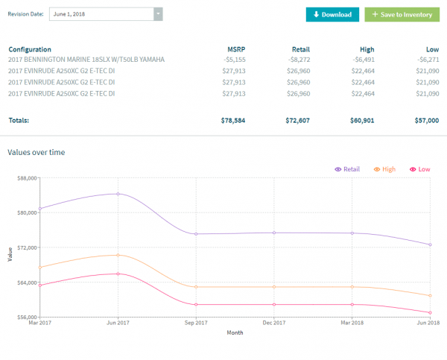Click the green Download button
[332, 14]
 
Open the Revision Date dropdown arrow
[158, 14]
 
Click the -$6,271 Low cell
[427, 59]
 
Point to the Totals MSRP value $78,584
[233, 119]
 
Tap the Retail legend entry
[348, 170]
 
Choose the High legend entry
[385, 170]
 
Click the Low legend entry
[420, 170]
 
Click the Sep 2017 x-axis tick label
[195, 323]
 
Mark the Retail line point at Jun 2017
[118, 194]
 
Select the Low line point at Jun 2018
[430, 312]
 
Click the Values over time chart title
[37, 152]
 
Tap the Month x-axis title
[235, 332]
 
